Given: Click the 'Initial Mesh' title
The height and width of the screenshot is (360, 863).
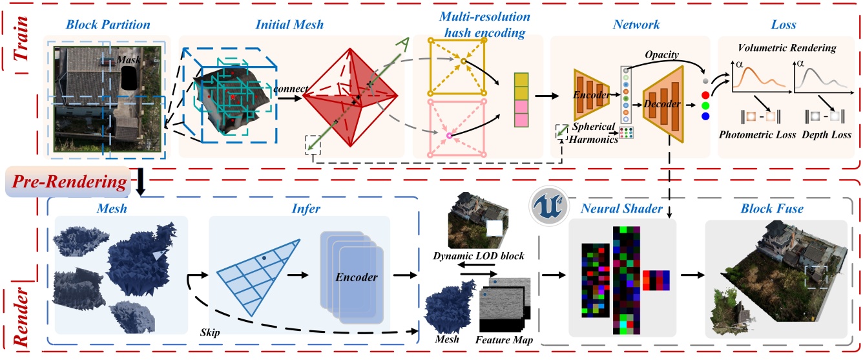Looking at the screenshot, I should click(292, 25).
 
